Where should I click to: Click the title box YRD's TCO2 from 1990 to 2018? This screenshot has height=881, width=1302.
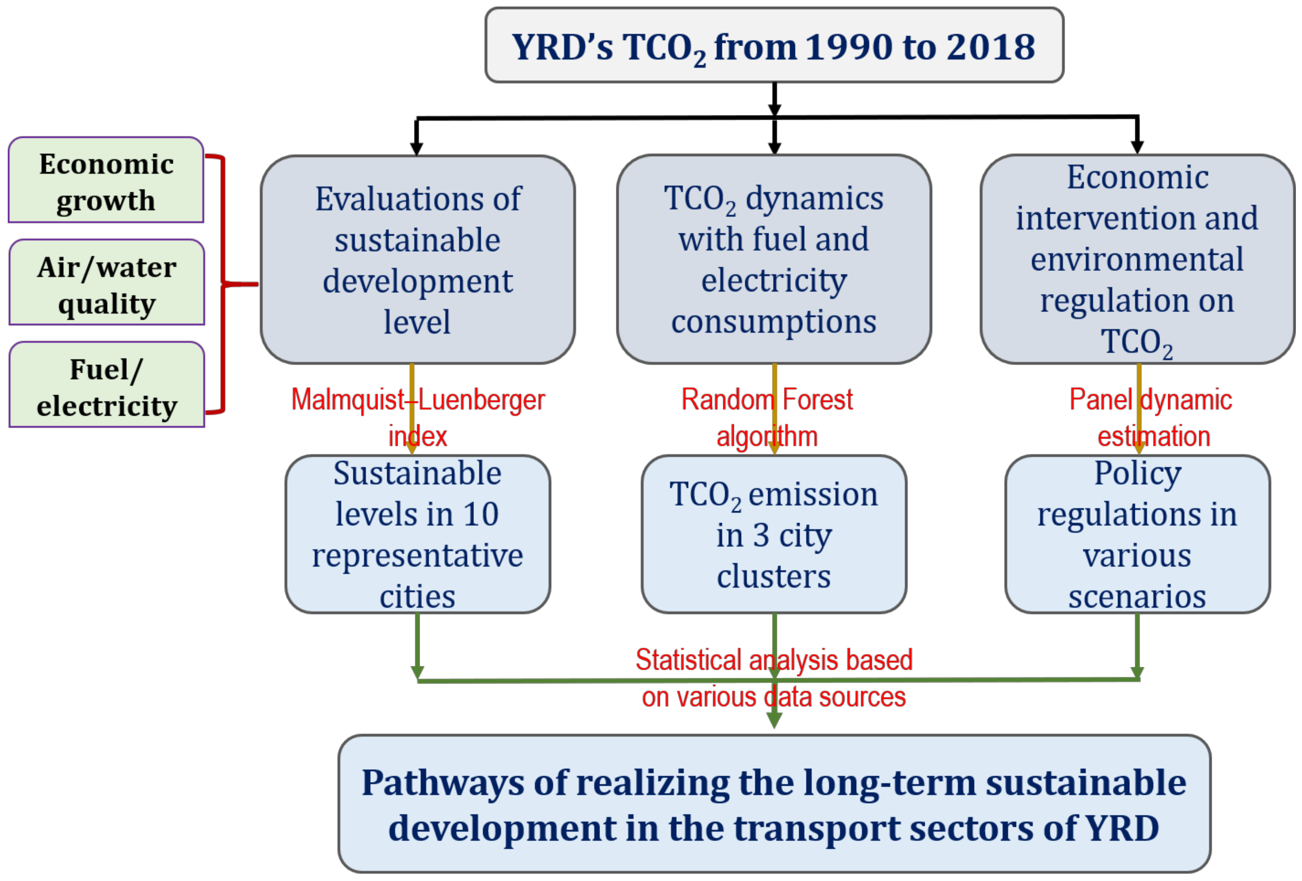774,45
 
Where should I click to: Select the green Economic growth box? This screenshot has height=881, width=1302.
106,180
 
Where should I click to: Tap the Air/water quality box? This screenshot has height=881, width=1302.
106,283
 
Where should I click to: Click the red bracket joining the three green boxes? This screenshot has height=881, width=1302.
223,284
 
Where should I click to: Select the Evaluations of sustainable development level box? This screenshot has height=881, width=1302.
417,260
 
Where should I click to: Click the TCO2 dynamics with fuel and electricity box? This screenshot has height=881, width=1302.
774,260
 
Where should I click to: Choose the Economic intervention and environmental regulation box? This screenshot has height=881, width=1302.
1137,260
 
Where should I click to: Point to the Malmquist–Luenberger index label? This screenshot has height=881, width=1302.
417,417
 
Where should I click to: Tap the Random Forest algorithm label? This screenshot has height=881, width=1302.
767,417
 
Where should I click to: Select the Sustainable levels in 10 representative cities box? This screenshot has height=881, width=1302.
417,534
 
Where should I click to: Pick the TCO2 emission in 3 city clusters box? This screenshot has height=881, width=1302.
774,534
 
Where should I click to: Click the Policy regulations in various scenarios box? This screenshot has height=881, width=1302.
1137,534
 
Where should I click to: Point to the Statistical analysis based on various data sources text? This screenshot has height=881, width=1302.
774,678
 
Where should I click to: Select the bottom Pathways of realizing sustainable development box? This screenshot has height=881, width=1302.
774,804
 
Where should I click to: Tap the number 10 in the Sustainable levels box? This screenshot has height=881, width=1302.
480,514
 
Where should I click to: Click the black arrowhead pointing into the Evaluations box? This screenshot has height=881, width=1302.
416,148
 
